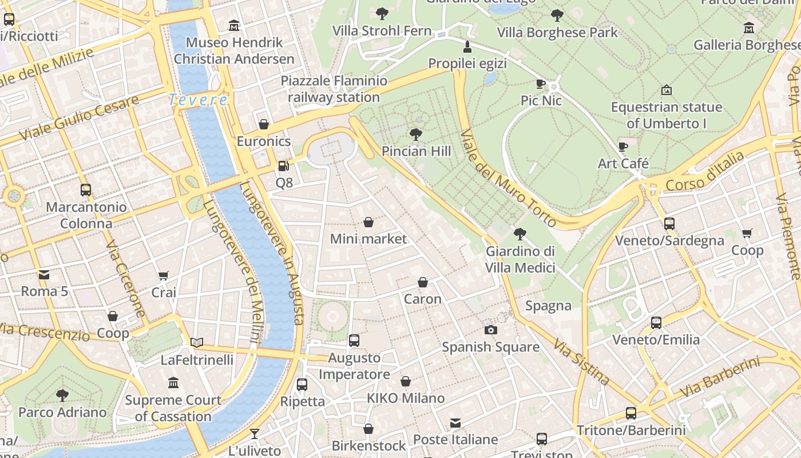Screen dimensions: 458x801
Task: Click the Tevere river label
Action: point(198,100)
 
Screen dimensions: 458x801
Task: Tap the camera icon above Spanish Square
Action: point(490,330)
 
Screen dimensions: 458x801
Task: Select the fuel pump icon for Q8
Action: point(283,166)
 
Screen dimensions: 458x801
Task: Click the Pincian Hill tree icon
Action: point(416,135)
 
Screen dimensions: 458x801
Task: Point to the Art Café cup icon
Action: point(623,147)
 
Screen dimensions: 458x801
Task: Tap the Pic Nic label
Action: point(541,101)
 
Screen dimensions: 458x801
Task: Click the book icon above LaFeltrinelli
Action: point(197,342)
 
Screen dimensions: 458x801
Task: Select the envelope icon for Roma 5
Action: point(44,274)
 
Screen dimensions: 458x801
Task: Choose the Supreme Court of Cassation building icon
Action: point(173,382)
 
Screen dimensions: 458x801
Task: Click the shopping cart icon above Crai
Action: point(164,275)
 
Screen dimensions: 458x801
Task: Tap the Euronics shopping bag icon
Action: point(264,124)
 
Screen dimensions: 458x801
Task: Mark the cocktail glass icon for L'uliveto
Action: point(255,434)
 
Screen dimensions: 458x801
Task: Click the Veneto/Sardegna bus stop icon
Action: point(669,223)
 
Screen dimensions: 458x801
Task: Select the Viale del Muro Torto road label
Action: point(508,177)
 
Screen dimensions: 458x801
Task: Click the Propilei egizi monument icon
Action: point(467,46)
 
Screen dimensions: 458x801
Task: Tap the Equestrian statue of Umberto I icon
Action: point(666,90)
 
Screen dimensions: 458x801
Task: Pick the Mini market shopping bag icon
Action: point(368,222)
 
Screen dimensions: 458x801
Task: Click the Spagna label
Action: point(548,306)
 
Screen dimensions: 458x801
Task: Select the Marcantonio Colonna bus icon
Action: point(86,189)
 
